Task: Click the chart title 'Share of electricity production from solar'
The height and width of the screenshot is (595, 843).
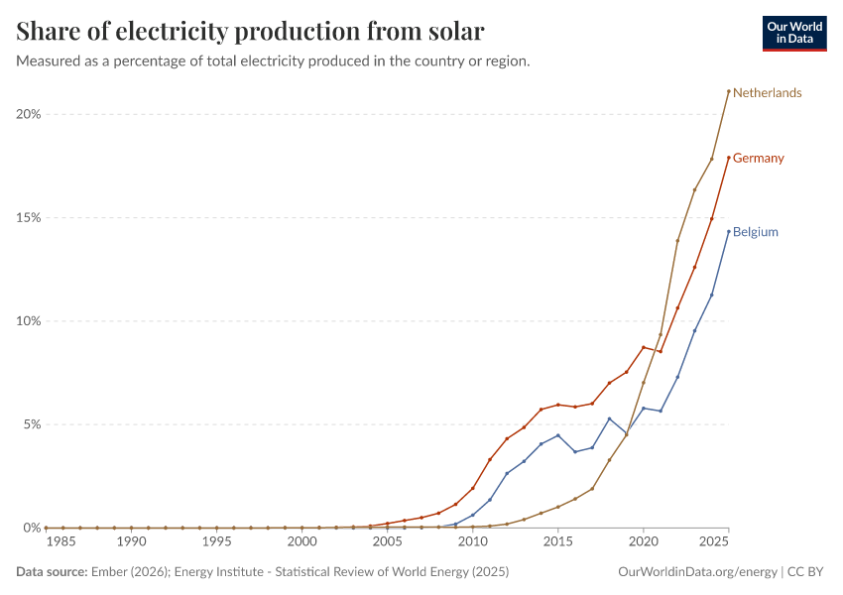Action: [x=251, y=32]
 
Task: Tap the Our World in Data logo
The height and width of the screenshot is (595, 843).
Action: [x=793, y=33]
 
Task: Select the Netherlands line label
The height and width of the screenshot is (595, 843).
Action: [x=767, y=93]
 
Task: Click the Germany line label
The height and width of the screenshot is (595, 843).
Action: [x=758, y=159]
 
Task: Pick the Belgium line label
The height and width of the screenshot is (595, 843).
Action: [x=755, y=232]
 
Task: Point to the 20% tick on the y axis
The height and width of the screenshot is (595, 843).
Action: [x=28, y=114]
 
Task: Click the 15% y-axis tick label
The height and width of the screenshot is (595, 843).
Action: [x=28, y=218]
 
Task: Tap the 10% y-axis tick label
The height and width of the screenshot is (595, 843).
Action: [x=28, y=321]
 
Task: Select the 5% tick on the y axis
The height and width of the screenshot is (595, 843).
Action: [x=31, y=424]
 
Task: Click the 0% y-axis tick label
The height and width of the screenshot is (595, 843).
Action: [x=31, y=528]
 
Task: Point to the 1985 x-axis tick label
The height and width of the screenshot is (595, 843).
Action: [x=62, y=542]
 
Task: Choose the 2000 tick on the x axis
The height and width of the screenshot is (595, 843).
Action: [x=301, y=542]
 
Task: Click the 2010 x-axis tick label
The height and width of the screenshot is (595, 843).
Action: [x=473, y=542]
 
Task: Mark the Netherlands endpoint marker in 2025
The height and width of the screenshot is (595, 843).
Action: [x=729, y=91]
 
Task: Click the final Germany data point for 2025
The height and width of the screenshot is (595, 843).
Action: [x=729, y=158]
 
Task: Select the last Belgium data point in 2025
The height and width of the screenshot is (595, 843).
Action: [x=729, y=232]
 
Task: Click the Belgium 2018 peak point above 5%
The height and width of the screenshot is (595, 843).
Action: [x=609, y=418]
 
